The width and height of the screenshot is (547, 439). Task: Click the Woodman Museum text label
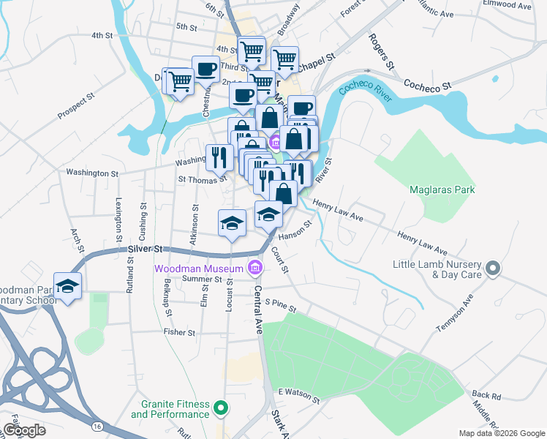pos(198,269)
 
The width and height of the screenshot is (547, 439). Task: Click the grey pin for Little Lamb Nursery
pos(493,269)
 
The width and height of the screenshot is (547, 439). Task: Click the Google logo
pos(24,430)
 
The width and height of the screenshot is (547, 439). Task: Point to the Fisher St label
pos(179,332)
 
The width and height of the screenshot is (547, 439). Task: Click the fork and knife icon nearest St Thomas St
pos(218,157)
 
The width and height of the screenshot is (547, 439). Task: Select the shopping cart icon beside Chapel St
pos(284,59)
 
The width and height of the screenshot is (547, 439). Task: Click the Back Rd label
pos(486,395)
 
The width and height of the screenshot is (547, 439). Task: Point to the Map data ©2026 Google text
pos(501,433)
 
